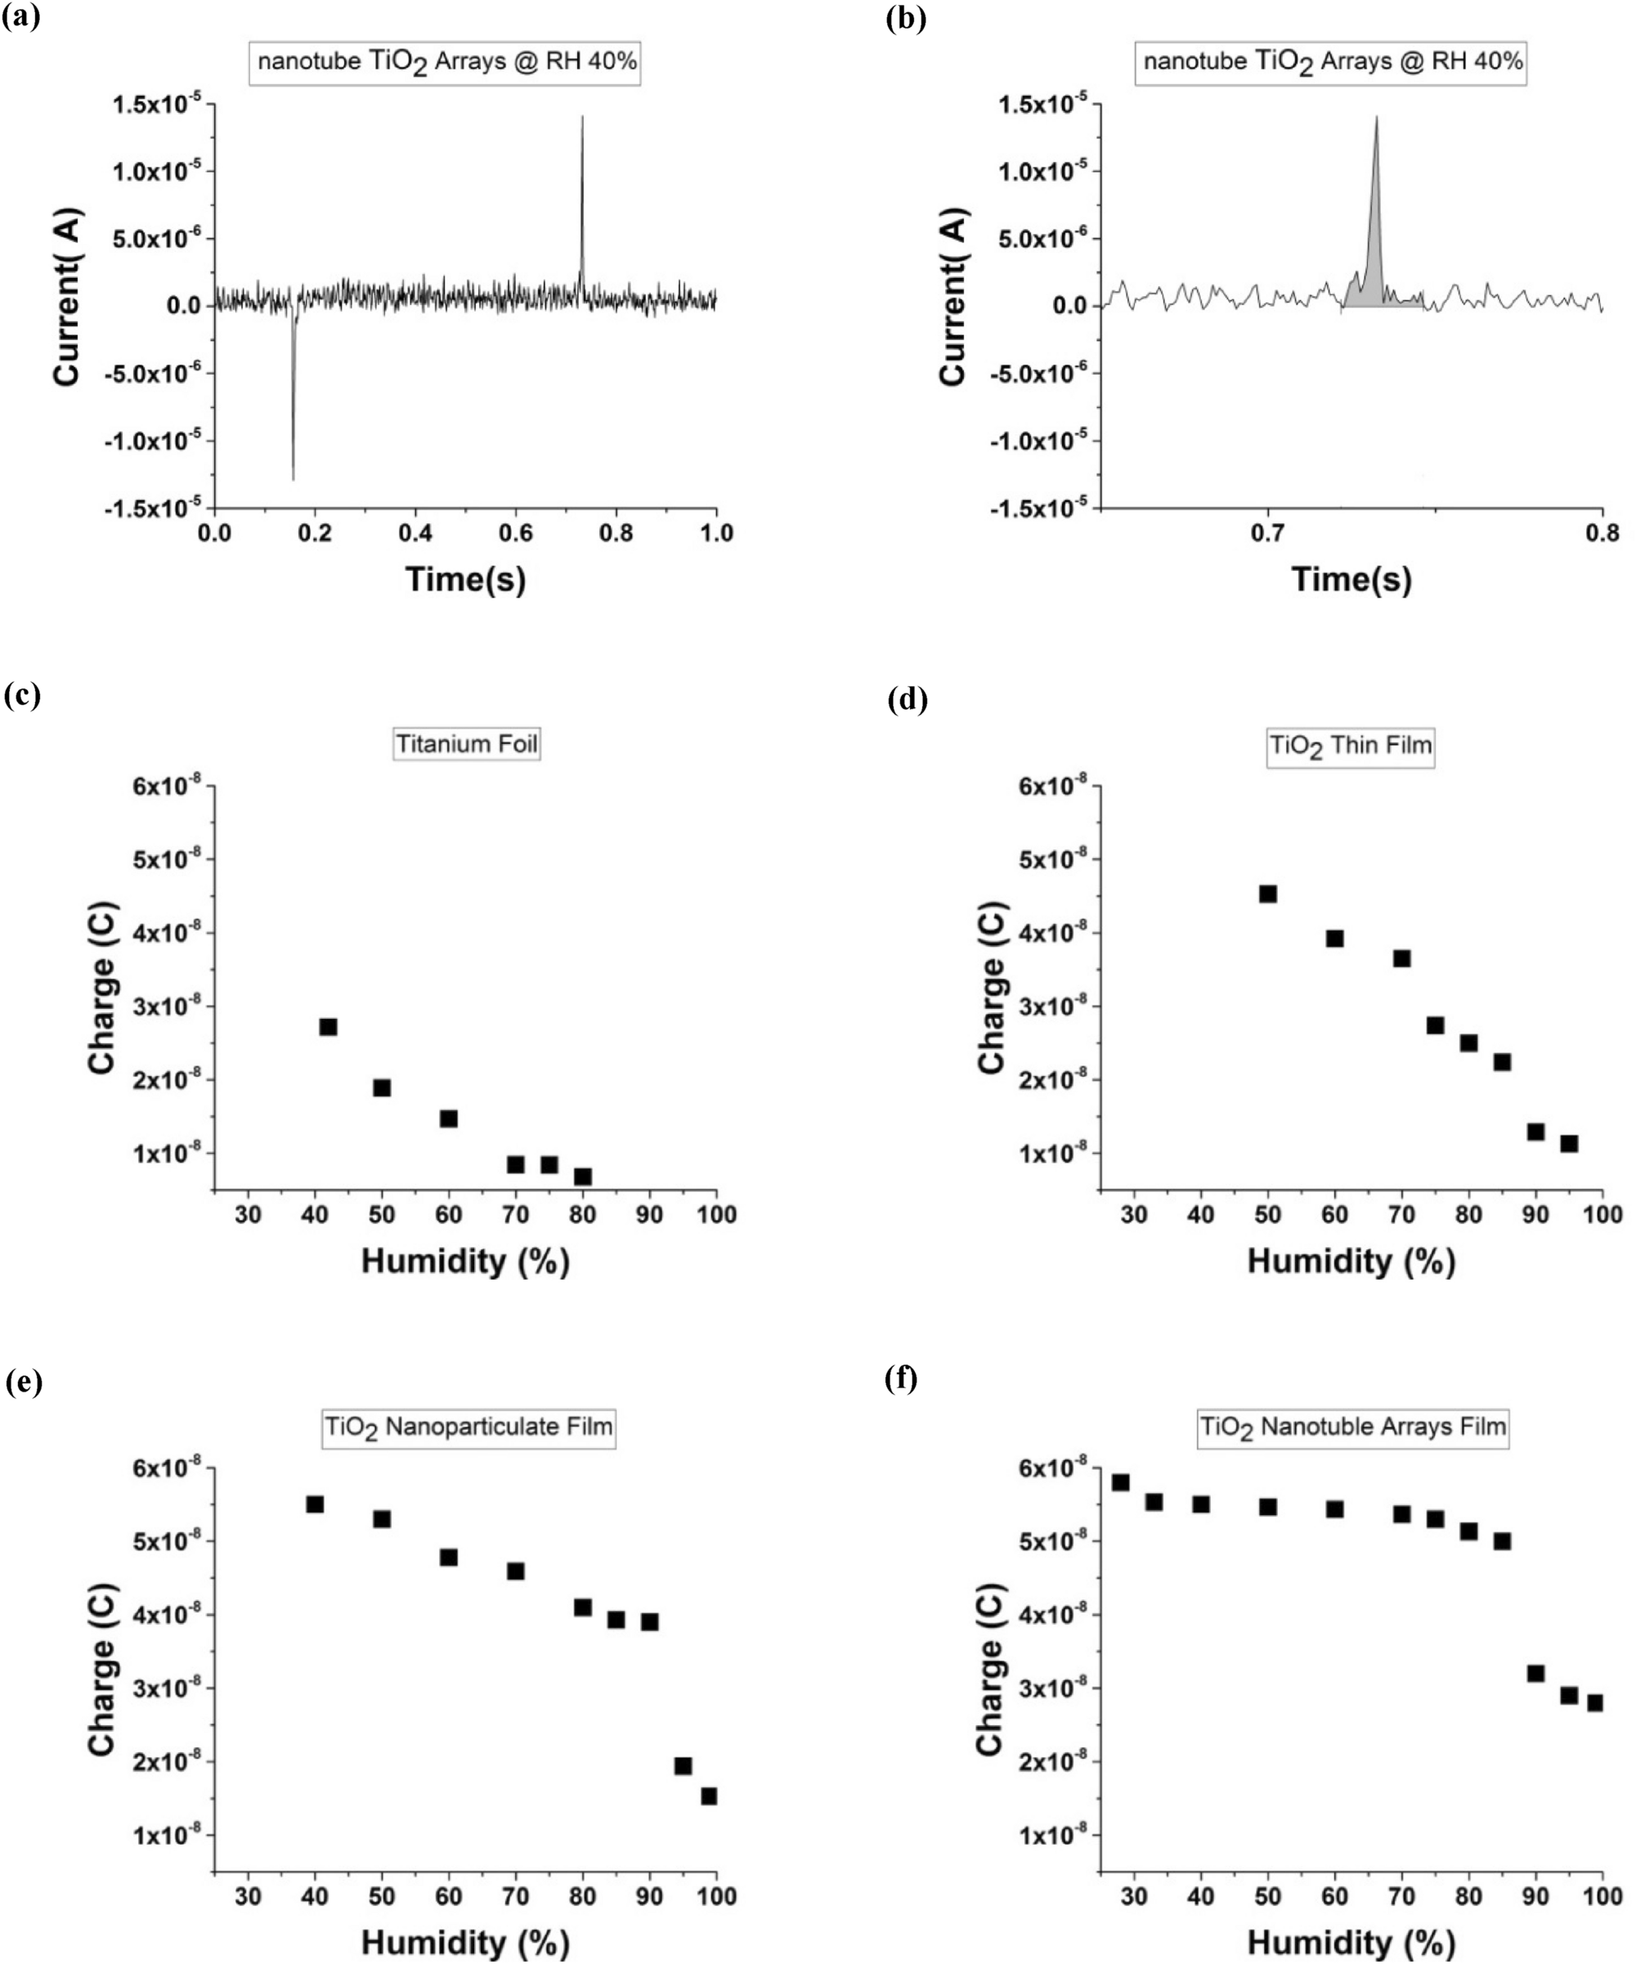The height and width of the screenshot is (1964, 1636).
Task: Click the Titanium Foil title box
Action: (x=467, y=744)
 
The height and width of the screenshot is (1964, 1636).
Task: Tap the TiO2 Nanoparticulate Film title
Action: (x=468, y=1427)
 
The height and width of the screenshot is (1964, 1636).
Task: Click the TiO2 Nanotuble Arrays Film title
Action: (x=1352, y=1427)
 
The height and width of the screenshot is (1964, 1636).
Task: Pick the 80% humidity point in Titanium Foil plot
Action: (x=583, y=1177)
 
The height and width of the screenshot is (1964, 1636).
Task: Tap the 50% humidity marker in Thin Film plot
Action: (x=1267, y=894)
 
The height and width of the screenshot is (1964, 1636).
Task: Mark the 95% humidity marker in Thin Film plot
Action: (x=1569, y=1144)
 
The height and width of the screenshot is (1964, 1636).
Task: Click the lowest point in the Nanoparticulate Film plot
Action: (x=709, y=1796)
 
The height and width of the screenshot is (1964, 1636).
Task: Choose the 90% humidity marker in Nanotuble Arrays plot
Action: (x=1535, y=1673)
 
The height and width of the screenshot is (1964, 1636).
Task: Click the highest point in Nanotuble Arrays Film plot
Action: (x=1121, y=1483)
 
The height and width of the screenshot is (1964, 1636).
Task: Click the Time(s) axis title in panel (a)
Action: (x=466, y=580)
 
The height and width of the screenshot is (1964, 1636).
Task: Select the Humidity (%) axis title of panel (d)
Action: (x=1351, y=1262)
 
